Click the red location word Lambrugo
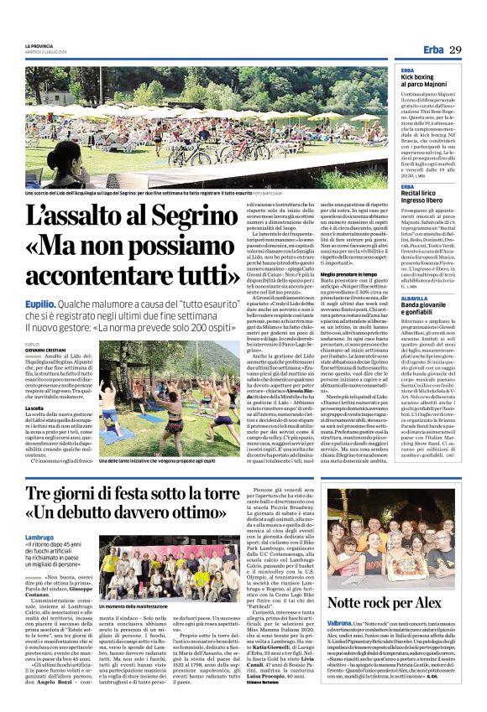click(x=39, y=538)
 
